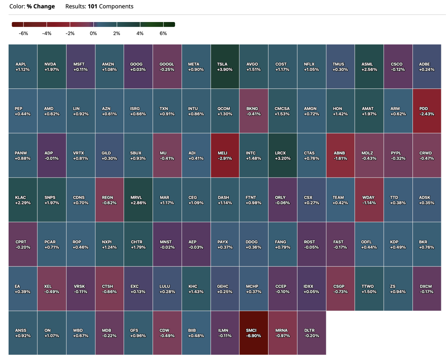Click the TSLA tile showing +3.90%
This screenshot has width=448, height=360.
click(225, 67)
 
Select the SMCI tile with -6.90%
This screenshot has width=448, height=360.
click(253, 332)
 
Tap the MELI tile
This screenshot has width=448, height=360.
click(225, 155)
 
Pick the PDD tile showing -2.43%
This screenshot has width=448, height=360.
click(427, 111)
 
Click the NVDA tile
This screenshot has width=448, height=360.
click(52, 67)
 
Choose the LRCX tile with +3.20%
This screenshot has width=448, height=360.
click(283, 155)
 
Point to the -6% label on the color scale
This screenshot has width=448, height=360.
click(24, 34)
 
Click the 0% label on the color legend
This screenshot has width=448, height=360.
click(93, 34)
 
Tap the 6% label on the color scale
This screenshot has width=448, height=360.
click(163, 34)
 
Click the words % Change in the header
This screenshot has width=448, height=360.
click(41, 6)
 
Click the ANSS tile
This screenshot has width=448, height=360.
click(23, 332)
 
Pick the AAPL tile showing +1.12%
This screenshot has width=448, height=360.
click(23, 67)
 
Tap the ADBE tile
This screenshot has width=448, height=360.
click(427, 67)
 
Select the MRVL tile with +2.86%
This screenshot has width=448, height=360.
click(138, 200)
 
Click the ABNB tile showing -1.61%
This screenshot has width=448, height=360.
click(340, 155)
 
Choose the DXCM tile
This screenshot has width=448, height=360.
click(427, 288)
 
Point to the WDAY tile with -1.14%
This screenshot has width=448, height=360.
click(369, 200)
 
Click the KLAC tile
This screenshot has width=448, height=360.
click(23, 200)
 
